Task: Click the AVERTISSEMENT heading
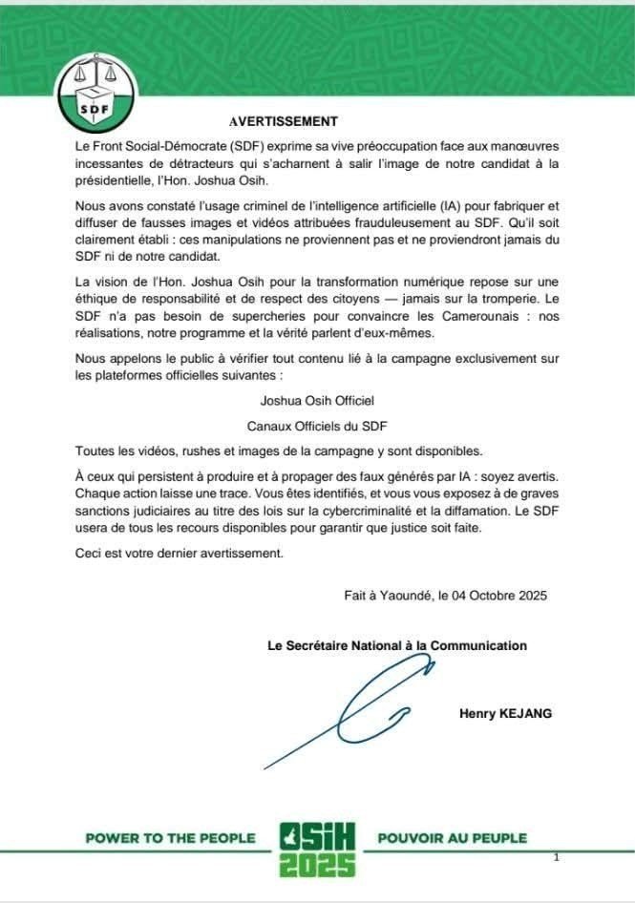pos(284,122)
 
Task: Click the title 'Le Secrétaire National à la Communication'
pos(396,645)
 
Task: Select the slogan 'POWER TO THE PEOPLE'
pos(170,838)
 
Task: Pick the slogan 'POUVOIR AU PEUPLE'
pos(453,838)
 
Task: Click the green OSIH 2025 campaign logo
pos(317,848)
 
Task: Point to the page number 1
pos(556,858)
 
